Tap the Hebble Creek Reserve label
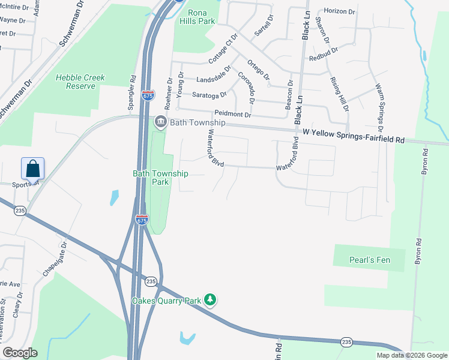[76, 82]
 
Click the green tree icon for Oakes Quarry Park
[209, 299]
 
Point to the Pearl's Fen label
[369, 260]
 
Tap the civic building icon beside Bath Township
[160, 122]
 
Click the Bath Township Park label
[160, 178]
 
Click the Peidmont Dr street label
[234, 114]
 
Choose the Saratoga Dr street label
[209, 95]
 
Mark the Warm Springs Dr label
[379, 107]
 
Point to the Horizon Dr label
[340, 11]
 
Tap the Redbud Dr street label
[324, 58]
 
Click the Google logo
[20, 353]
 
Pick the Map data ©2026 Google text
[411, 355]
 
